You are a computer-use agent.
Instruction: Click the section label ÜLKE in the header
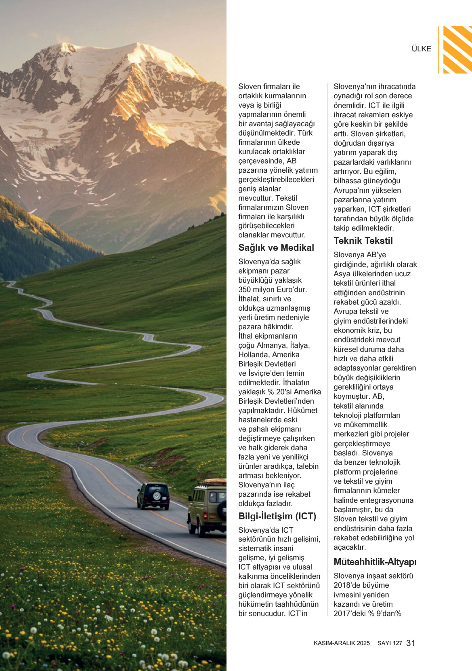coord(421,49)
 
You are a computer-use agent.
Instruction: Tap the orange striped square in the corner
coord(457,50)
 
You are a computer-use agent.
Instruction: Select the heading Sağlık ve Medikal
coord(276,248)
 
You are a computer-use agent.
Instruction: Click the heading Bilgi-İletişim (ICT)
coord(277,516)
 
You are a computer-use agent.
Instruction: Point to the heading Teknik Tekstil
coord(363,241)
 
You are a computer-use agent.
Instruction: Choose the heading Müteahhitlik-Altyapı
coord(375,562)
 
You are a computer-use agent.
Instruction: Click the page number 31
coord(411,643)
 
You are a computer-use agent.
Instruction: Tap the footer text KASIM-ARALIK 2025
coord(342,643)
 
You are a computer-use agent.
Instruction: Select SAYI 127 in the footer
coord(390,643)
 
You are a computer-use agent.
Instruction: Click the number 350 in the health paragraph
coord(245,290)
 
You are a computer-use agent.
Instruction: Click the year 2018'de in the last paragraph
coord(347,585)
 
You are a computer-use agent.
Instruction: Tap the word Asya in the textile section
coord(342,274)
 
